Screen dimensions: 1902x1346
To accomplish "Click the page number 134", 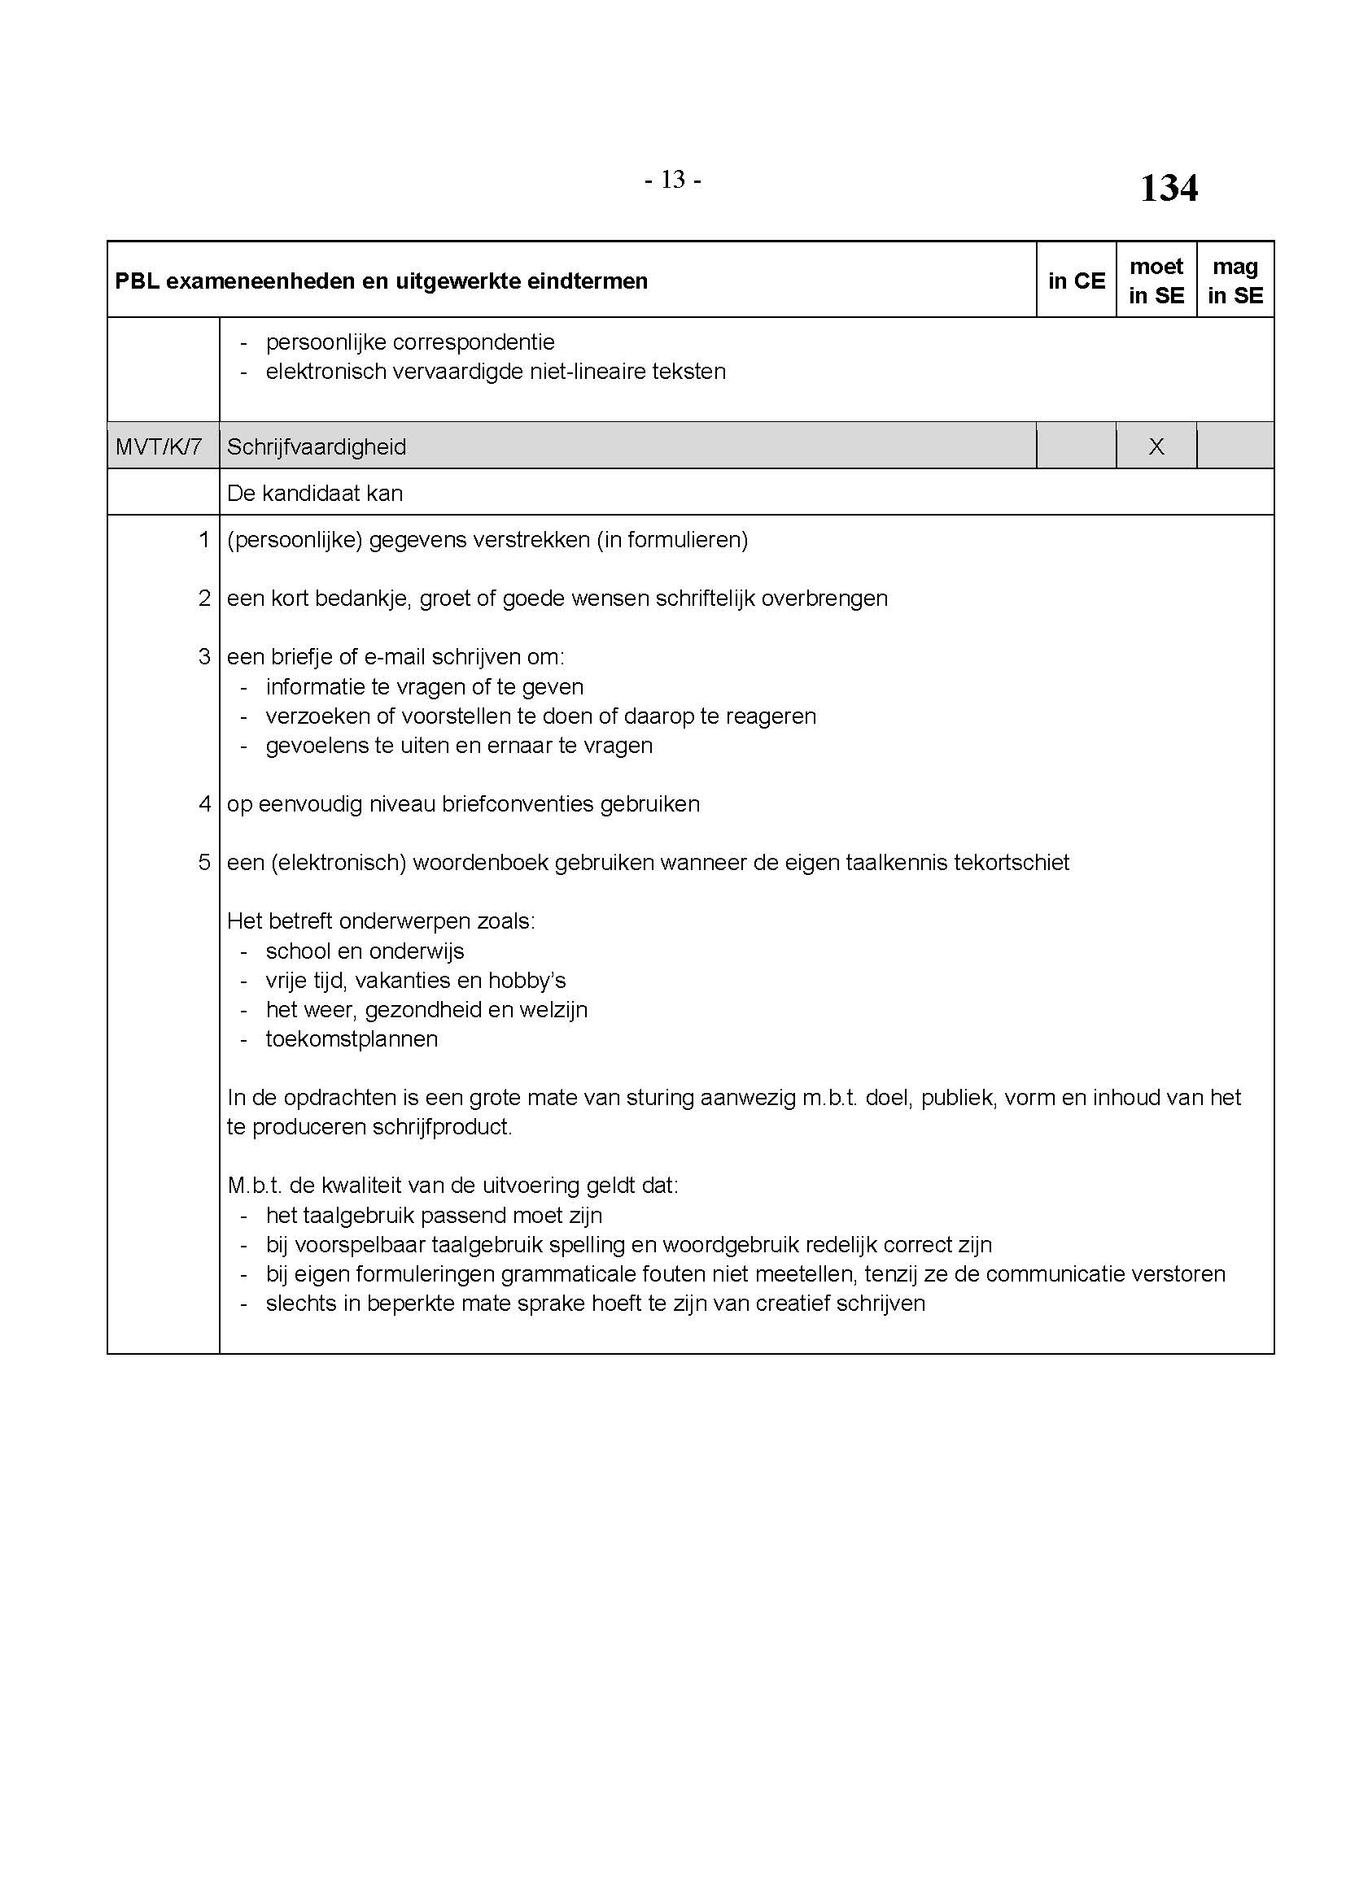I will [1168, 188].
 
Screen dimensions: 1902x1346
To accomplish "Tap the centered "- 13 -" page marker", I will [672, 180].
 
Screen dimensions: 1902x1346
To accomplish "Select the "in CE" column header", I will [1076, 281].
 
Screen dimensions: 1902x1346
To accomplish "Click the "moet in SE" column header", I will [1156, 281].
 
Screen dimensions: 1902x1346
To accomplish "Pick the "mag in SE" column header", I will [1235, 281].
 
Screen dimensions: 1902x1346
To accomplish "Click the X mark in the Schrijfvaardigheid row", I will [1156, 447].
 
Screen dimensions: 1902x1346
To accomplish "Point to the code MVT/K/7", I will [159, 447].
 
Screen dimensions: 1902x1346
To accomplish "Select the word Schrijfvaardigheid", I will [317, 447].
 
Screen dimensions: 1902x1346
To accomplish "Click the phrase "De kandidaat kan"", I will [315, 494].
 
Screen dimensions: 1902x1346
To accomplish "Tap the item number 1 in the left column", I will [204, 540].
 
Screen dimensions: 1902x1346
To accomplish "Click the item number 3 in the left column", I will [204, 657].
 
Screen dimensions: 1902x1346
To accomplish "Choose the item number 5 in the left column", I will [204, 862].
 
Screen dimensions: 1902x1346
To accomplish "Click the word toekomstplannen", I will [352, 1038].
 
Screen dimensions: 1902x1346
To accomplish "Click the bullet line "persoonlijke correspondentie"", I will [410, 342].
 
